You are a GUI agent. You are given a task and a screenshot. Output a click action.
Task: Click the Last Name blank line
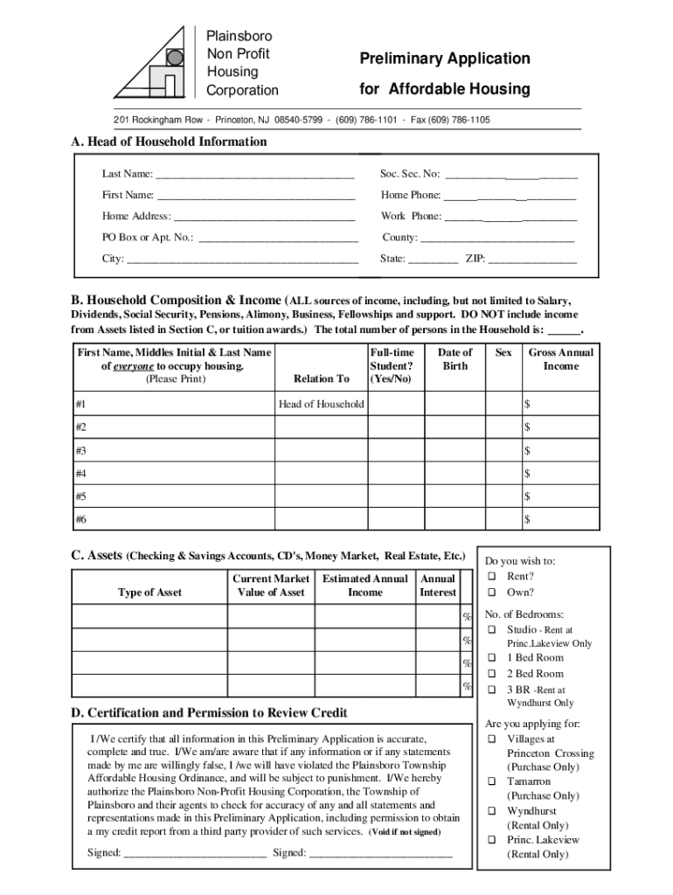[254, 175]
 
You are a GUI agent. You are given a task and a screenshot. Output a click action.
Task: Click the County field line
[497, 238]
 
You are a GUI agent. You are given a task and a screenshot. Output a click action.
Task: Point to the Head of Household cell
[321, 404]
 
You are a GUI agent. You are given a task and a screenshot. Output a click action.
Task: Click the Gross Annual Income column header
[560, 359]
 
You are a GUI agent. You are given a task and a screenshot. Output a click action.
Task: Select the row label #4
[81, 474]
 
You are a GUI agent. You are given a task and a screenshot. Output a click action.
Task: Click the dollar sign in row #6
[527, 520]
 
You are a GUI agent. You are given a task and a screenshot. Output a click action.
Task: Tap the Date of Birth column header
[454, 359]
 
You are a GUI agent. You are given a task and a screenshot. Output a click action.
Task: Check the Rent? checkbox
[492, 577]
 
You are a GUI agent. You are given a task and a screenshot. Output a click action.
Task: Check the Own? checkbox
[492, 593]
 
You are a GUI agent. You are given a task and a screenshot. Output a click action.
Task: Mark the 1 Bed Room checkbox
[492, 657]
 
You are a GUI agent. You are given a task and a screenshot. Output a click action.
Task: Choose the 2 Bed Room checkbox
[492, 674]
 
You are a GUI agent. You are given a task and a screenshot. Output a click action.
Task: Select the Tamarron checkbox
[492, 781]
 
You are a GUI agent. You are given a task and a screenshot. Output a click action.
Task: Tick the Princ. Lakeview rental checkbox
[492, 840]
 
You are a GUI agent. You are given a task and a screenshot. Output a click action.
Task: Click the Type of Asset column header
[149, 593]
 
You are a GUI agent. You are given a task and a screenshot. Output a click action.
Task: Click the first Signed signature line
[195, 854]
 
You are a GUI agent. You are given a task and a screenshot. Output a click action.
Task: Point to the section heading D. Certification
[209, 712]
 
